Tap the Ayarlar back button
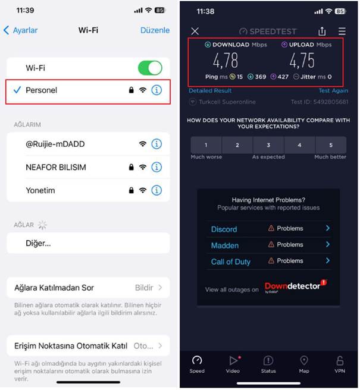(21, 30)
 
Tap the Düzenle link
(155, 30)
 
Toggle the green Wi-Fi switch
(150, 68)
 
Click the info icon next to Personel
(156, 90)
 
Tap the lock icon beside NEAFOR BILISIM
(131, 167)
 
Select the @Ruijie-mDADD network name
(55, 144)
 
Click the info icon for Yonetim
(156, 190)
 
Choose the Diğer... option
(38, 243)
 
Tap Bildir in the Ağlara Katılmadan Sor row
(144, 288)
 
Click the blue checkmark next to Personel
(17, 90)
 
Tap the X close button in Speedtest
(195, 31)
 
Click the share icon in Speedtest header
(322, 31)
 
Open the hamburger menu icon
(342, 31)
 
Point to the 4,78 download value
(226, 61)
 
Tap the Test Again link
(333, 90)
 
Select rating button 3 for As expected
(268, 145)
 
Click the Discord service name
(224, 229)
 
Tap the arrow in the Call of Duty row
(328, 260)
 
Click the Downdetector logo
(296, 287)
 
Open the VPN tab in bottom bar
(340, 364)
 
